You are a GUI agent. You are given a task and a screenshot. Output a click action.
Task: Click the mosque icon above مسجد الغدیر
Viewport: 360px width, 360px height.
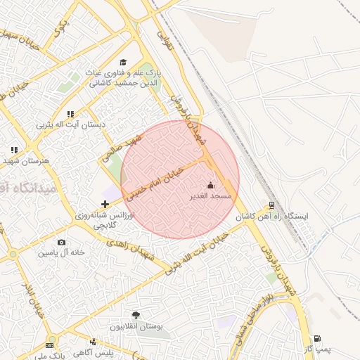210,186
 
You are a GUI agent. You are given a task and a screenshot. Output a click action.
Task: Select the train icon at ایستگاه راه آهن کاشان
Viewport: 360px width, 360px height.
271,205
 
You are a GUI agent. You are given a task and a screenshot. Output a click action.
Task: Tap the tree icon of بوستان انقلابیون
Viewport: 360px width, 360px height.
136,316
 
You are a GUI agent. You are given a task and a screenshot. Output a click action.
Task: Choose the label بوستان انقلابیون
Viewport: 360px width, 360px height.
136,327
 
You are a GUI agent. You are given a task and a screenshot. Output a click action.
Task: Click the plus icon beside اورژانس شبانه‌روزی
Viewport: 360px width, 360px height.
105,204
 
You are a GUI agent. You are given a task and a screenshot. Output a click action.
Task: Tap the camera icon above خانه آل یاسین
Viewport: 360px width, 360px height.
62,242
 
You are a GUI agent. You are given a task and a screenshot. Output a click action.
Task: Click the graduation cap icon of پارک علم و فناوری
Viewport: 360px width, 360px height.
124,63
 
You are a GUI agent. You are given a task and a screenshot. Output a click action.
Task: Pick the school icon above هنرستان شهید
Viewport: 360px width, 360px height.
14,150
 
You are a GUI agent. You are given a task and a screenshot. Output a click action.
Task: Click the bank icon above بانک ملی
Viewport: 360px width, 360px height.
49,345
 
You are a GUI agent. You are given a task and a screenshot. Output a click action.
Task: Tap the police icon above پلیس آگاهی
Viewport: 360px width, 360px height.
92,342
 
